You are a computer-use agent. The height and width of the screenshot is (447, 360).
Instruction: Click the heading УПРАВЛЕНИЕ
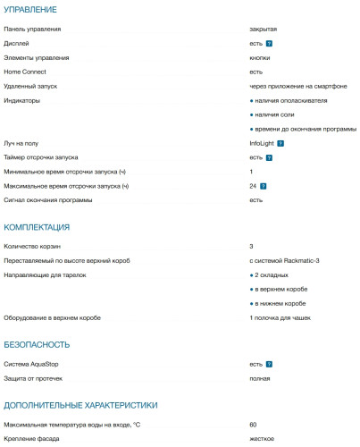(30, 10)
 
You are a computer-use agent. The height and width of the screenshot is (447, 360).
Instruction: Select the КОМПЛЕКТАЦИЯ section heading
(37, 227)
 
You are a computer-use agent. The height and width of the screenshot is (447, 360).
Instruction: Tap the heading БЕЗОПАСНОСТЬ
(37, 344)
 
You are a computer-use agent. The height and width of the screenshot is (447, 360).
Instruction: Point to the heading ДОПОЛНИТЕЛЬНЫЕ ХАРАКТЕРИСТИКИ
(80, 405)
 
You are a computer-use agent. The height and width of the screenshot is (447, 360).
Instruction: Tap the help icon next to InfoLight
(280, 143)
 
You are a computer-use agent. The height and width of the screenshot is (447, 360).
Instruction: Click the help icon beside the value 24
(264, 186)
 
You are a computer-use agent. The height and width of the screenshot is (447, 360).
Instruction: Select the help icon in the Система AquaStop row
(269, 365)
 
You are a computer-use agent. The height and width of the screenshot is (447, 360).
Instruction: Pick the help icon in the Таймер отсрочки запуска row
(269, 157)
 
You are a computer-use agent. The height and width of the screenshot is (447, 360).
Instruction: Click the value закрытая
(264, 29)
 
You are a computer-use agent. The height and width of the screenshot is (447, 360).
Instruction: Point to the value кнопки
(260, 57)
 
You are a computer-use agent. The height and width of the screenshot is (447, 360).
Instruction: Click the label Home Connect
(25, 72)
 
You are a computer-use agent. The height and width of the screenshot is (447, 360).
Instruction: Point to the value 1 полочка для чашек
(285, 318)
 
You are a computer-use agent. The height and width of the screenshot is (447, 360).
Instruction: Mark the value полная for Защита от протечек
(260, 378)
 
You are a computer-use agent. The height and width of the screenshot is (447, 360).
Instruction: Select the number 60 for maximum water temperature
(254, 425)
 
